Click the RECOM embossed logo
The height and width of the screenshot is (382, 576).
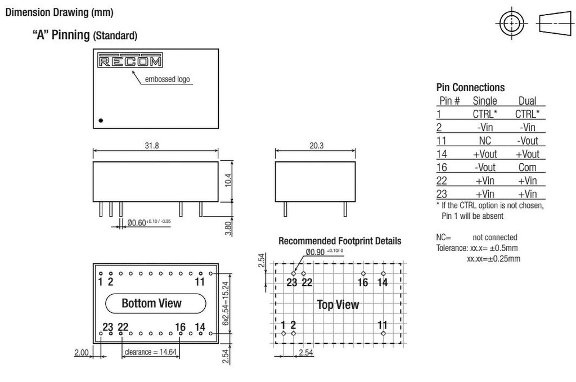[130, 61]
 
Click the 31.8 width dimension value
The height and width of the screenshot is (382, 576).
[152, 146]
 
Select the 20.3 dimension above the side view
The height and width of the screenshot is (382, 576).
[315, 146]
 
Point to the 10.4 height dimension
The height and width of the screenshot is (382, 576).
[228, 180]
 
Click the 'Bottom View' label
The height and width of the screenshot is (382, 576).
[152, 303]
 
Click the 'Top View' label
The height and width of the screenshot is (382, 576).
[337, 304]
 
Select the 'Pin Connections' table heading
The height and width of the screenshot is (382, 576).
[470, 87]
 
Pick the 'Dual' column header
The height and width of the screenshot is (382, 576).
[527, 101]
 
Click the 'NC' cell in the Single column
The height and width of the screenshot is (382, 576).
[485, 141]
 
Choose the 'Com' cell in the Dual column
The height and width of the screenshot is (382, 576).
[527, 167]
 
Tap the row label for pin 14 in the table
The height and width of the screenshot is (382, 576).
[443, 154]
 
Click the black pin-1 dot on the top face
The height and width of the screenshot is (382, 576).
[101, 120]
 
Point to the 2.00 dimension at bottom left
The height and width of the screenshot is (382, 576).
[82, 352]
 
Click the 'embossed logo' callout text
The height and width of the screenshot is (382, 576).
[167, 79]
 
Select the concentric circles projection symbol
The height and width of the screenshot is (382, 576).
[511, 23]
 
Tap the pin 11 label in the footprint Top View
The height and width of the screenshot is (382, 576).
[382, 325]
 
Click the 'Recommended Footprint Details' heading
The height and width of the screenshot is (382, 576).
[340, 241]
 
